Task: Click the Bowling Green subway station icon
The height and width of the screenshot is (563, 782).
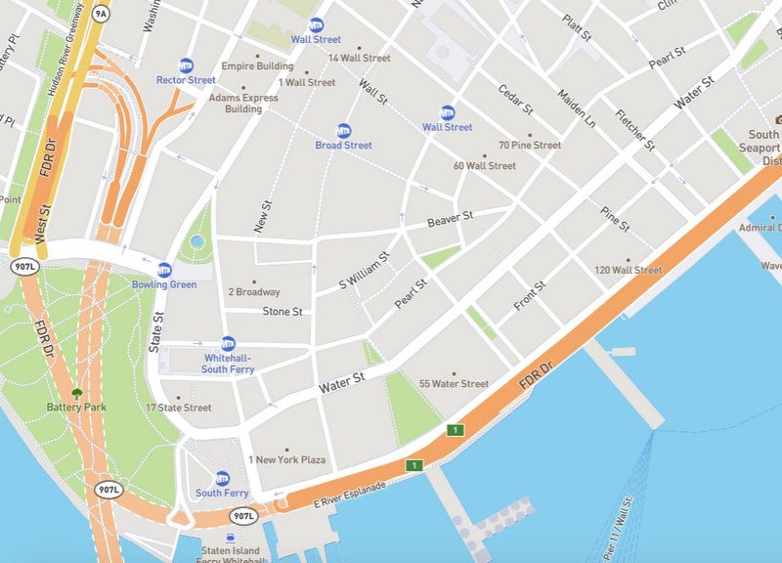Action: point(164,270)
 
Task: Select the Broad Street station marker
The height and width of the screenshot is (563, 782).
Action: point(343,130)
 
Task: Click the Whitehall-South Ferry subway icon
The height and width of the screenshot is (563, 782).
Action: point(228,343)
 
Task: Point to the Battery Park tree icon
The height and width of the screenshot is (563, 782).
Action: point(75,393)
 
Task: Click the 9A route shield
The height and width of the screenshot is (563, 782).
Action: point(101,14)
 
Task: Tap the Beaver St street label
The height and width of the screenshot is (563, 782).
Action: point(450,220)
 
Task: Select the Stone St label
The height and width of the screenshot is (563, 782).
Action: point(282,312)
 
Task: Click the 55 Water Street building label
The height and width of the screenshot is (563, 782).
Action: point(454,384)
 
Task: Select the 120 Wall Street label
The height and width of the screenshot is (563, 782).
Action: point(629,270)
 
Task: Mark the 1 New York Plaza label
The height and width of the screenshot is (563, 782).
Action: point(286,459)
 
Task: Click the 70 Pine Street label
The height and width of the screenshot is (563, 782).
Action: point(529,146)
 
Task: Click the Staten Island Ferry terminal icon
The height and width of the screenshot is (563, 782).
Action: point(230,537)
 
